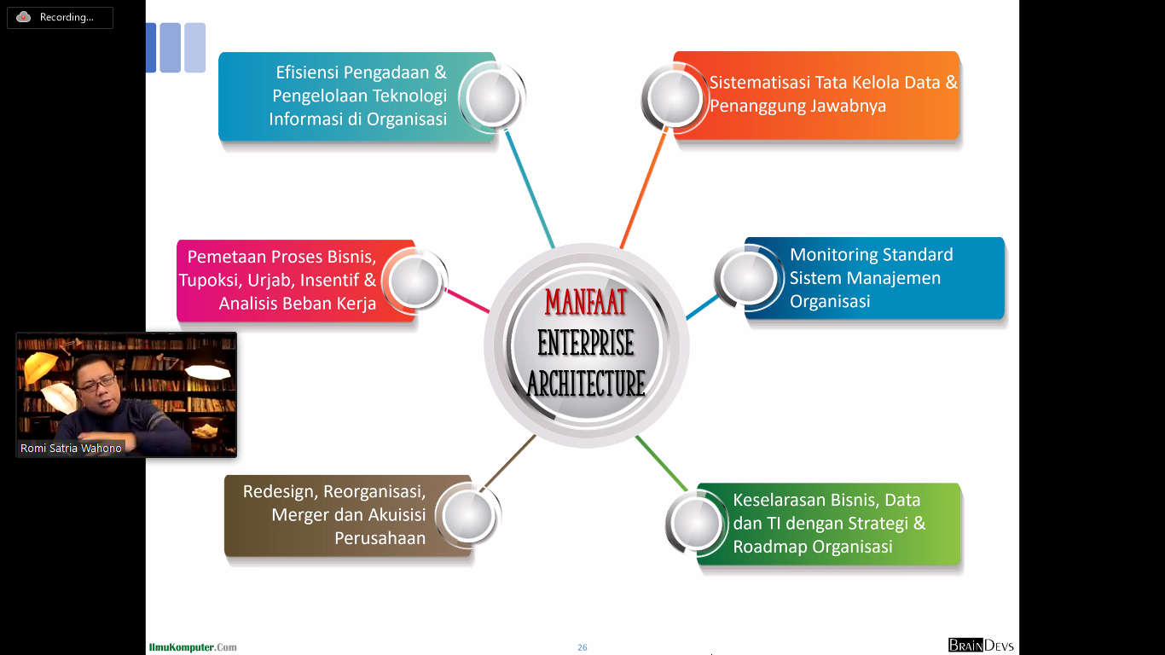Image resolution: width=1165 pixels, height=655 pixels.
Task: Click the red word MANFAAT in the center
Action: [x=586, y=303]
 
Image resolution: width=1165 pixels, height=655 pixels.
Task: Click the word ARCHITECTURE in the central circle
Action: [x=586, y=384]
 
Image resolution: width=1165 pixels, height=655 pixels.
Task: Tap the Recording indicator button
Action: [x=60, y=17]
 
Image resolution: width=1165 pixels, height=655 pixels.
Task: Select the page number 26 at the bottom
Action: [x=582, y=647]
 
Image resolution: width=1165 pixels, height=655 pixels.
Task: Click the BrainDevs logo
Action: [x=981, y=646]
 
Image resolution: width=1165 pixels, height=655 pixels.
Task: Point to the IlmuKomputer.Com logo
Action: [x=193, y=647]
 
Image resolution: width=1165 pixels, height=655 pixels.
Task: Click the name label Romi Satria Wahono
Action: [x=72, y=448]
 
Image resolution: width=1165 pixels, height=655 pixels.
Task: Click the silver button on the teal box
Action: [x=491, y=96]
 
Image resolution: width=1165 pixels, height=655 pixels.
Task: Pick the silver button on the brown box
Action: [x=468, y=515]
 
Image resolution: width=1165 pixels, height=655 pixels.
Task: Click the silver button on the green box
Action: [x=698, y=523]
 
